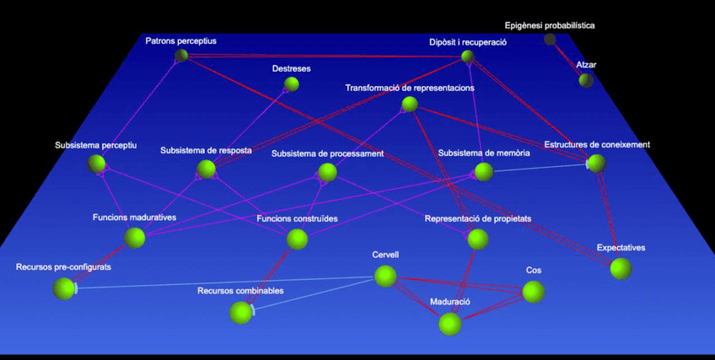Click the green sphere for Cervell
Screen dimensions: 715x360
[385, 277]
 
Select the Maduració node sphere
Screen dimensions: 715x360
[450, 324]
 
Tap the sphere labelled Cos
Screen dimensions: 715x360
[533, 292]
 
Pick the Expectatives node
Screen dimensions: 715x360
[621, 269]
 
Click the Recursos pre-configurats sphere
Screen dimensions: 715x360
[64, 288]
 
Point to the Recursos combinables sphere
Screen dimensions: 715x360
[240, 312]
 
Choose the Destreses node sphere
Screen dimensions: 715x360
[292, 83]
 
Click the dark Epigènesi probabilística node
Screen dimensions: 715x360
[550, 39]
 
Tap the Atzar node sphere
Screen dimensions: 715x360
[586, 80]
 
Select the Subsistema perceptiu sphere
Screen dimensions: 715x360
[97, 164]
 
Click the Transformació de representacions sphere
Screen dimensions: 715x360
[410, 105]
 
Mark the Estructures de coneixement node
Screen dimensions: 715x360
[596, 164]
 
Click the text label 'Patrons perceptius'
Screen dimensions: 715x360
[180, 40]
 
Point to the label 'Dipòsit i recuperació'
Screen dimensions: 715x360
[467, 41]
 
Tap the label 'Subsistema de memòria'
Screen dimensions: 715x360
[484, 153]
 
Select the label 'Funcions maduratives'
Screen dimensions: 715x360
[134, 218]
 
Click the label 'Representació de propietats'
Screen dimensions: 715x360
[478, 219]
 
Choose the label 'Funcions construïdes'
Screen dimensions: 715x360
[297, 219]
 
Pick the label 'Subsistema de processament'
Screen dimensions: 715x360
[327, 153]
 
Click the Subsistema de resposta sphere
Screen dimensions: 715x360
[207, 169]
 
